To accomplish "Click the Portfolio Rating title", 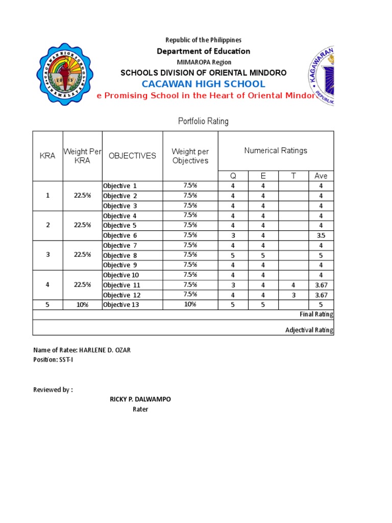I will pyautogui.click(x=203, y=121).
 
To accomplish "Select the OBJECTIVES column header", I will pyautogui.click(x=132, y=156).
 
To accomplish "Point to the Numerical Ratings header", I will pyautogui.click(x=276, y=151).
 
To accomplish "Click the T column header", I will pyautogui.click(x=293, y=176).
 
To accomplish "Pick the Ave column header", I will pyautogui.click(x=321, y=176).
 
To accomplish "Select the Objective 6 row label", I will pyautogui.click(x=120, y=235).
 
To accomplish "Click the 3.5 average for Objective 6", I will pyautogui.click(x=321, y=235).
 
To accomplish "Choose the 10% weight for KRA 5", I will pyautogui.click(x=82, y=305).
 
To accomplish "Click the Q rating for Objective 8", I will pyautogui.click(x=233, y=255).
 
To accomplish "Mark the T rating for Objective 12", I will pyautogui.click(x=293, y=295).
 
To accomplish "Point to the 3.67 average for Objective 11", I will pyautogui.click(x=321, y=285).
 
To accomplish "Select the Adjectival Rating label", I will pyautogui.click(x=309, y=330).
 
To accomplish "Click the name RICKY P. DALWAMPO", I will pyautogui.click(x=140, y=399).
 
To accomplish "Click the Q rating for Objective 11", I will pyautogui.click(x=233, y=285).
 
